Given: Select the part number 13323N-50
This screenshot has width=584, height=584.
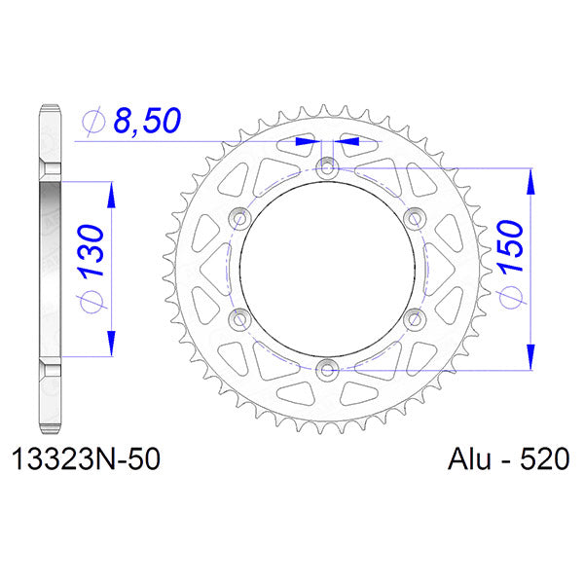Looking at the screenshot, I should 85,458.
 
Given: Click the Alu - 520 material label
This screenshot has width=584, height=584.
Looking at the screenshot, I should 507,458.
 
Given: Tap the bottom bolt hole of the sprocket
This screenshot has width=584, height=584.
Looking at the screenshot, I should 326,368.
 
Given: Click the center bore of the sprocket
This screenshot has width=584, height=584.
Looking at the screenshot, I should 326,269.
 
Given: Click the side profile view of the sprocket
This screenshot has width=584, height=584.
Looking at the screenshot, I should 51,269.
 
